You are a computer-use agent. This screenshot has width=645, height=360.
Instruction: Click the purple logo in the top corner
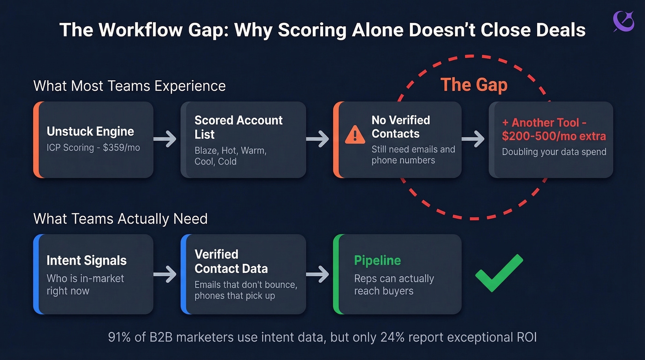pyautogui.click(x=623, y=22)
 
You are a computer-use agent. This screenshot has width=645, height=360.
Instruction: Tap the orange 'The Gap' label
pyautogui.click(x=474, y=85)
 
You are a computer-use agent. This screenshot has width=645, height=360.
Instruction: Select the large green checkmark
pyautogui.click(x=499, y=273)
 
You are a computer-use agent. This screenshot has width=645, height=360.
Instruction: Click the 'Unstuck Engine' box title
pyautogui.click(x=90, y=131)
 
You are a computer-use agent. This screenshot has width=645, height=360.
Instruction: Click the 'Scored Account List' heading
pyautogui.click(x=238, y=127)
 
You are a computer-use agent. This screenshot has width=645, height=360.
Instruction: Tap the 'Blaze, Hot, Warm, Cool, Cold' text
pyautogui.click(x=230, y=156)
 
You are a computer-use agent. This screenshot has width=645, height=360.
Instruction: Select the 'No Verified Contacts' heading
pyautogui.click(x=401, y=127)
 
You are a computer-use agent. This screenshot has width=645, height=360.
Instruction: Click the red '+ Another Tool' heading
pyautogui.click(x=552, y=129)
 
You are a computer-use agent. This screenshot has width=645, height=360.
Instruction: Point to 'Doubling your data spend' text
pyautogui.click(x=554, y=152)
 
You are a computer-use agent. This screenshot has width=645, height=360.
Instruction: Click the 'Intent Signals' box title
pyautogui.click(x=86, y=260)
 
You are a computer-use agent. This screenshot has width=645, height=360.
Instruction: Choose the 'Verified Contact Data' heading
pyautogui.click(x=231, y=261)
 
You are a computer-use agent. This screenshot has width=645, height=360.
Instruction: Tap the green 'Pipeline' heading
pyautogui.click(x=377, y=260)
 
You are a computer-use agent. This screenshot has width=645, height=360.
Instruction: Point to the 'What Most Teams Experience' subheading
pyautogui.click(x=129, y=86)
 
